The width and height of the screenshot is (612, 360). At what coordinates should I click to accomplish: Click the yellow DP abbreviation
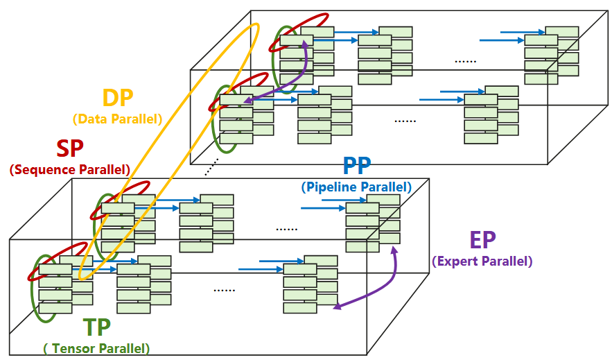(x=118, y=97)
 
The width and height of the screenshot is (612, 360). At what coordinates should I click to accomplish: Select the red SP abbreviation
(x=70, y=148)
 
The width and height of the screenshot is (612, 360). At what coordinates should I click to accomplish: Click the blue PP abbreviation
(x=357, y=166)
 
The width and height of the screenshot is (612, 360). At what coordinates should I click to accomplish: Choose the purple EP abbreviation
(x=483, y=240)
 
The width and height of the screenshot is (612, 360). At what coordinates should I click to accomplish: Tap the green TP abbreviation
(x=97, y=327)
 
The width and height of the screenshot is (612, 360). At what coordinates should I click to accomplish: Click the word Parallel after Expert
(x=502, y=261)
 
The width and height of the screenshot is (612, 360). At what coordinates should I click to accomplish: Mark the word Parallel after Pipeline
(x=384, y=187)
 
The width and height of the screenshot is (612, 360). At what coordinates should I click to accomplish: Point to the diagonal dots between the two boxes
(x=211, y=166)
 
